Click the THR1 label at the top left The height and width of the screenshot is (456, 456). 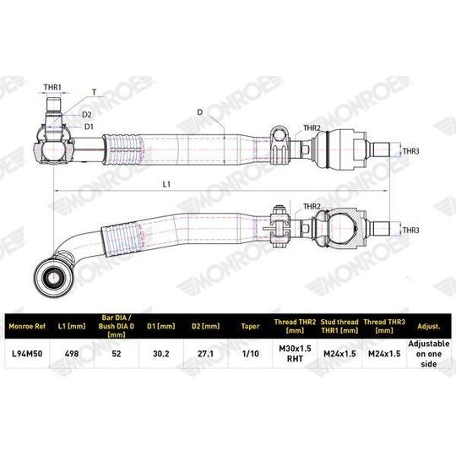click(x=57, y=87)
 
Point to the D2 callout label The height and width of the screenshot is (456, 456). click(x=88, y=114)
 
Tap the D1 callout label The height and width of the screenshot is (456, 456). click(x=89, y=126)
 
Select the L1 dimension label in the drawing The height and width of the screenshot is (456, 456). click(x=167, y=182)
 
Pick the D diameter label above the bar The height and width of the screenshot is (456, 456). click(x=200, y=110)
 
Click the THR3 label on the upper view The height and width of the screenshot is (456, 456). click(x=411, y=152)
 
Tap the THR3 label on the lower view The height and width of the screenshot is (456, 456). click(x=411, y=230)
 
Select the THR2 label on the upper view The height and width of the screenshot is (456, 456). click(x=312, y=128)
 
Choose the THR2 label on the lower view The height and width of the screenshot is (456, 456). click(x=312, y=206)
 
